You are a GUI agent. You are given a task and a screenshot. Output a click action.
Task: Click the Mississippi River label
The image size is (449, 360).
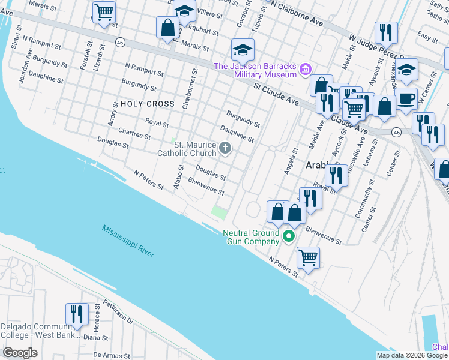(127, 242)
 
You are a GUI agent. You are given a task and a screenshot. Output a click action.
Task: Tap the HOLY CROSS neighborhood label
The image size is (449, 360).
(147, 104)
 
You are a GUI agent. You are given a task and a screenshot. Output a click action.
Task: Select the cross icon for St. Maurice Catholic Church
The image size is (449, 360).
(225, 148)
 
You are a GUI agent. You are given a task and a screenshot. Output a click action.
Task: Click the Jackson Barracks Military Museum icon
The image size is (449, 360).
(306, 70)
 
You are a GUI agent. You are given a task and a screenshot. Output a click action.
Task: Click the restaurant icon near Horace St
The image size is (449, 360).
(77, 314)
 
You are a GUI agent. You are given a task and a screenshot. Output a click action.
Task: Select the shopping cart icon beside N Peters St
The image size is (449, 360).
(308, 257)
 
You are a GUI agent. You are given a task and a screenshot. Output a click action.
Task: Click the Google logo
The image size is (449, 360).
(20, 352)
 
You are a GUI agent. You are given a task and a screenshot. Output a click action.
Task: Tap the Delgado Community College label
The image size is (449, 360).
(40, 331)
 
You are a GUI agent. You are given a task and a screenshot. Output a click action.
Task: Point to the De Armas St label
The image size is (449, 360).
(111, 355)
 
